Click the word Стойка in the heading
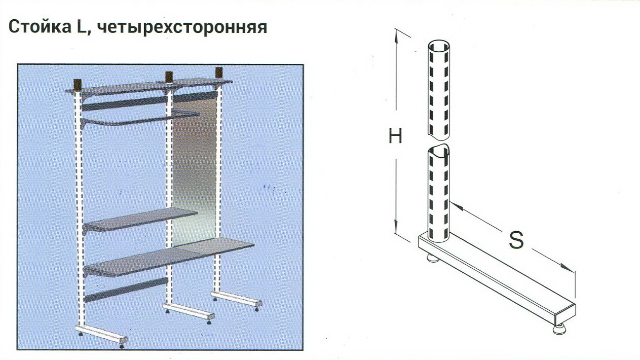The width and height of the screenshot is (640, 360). pyautogui.click(x=40, y=27)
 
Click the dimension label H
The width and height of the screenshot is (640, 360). pyautogui.click(x=395, y=136)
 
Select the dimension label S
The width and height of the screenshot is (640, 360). pyautogui.click(x=516, y=240)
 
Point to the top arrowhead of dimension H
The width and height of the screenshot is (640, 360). pyautogui.click(x=396, y=35)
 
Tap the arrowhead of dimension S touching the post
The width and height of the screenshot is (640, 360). pyautogui.click(x=456, y=207)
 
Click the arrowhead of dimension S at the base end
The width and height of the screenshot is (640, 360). pyautogui.click(x=567, y=268)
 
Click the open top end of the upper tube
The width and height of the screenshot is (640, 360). pyautogui.click(x=439, y=45)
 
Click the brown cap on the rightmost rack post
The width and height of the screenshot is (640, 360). pyautogui.click(x=219, y=73)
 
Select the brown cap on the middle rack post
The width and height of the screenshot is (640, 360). pyautogui.click(x=169, y=77)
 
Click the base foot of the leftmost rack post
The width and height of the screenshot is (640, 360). pyautogui.click(x=101, y=336)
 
